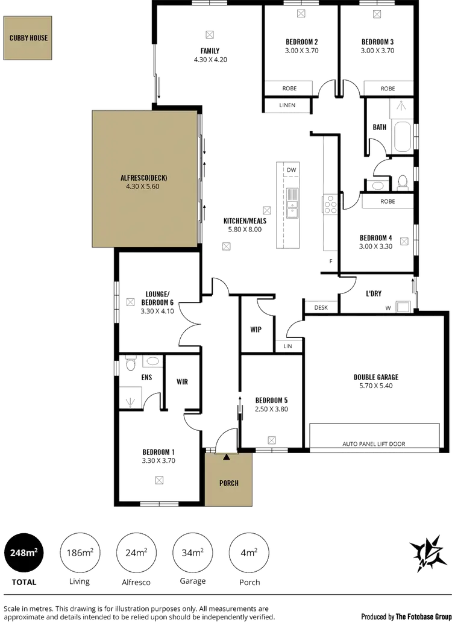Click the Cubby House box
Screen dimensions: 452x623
[x=28, y=38]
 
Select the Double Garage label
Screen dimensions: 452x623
[x=376, y=378]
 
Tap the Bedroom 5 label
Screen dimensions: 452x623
[x=271, y=399]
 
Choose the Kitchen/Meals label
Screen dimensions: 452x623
[x=245, y=221]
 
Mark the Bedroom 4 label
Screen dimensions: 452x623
[x=377, y=237]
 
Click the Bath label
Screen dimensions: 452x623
[x=380, y=128]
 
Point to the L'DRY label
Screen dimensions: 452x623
[x=374, y=293]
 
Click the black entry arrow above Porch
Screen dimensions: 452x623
[x=227, y=457]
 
